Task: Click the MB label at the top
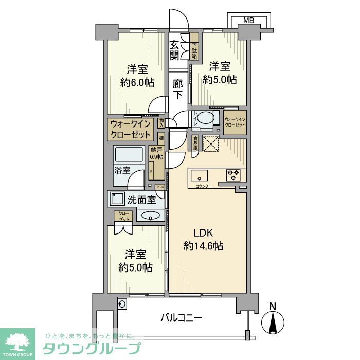(x=248, y=21)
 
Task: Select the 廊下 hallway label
(x=177, y=89)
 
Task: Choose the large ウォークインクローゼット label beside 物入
(x=130, y=130)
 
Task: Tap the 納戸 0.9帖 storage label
(x=156, y=153)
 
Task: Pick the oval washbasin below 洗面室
(x=150, y=215)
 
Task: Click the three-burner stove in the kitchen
(x=233, y=175)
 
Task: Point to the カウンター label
(x=203, y=186)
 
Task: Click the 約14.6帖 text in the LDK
(x=204, y=246)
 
